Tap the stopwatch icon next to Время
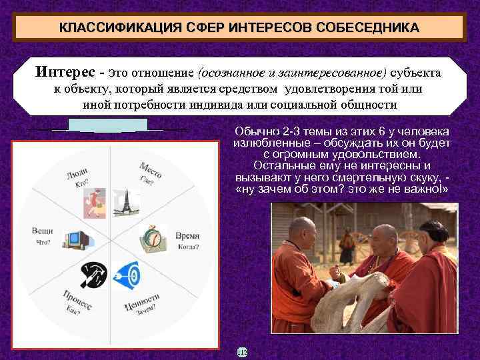click(x=152, y=237)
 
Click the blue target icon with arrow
click(x=127, y=273)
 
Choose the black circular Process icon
click(x=93, y=273)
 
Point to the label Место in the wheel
click(x=151, y=171)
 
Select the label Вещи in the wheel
click(x=43, y=230)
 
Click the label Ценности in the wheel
click(x=142, y=303)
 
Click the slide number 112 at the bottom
click(x=241, y=351)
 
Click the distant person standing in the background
click(x=348, y=240)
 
